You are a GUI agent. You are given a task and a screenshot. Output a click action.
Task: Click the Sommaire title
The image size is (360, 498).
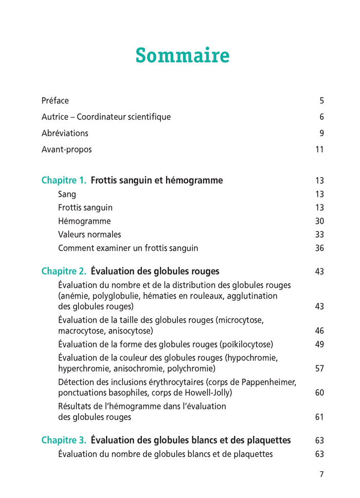pyautogui.click(x=182, y=56)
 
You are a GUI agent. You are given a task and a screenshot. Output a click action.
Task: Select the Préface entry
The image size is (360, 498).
pyautogui.click(x=55, y=101)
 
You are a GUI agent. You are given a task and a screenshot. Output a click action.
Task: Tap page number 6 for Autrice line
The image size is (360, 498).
pyautogui.click(x=321, y=117)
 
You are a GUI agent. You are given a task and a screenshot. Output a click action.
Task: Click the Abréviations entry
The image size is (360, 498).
pyautogui.click(x=65, y=134)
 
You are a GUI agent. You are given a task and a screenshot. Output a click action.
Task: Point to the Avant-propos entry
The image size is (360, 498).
pyautogui.click(x=67, y=150)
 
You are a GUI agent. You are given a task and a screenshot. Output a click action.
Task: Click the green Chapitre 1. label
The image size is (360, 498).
pyautogui.click(x=64, y=181)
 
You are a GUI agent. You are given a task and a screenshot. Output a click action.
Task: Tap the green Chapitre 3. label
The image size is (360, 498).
pyautogui.click(x=64, y=440)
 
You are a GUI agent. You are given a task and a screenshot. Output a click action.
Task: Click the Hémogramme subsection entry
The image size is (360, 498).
pyautogui.click(x=84, y=222)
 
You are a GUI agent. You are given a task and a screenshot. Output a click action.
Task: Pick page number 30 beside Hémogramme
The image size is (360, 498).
pyautogui.click(x=319, y=222)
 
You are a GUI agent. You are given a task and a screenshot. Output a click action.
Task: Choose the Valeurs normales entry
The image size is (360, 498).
pyautogui.click(x=89, y=235)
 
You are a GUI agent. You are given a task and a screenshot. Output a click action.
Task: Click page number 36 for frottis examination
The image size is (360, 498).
pyautogui.click(x=319, y=248)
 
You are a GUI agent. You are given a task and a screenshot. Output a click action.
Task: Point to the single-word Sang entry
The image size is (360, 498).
pyautogui.click(x=67, y=195)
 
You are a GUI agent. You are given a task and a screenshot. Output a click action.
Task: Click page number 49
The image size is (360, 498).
pyautogui.click(x=319, y=344)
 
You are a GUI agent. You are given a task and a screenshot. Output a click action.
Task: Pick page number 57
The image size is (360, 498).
pyautogui.click(x=319, y=369)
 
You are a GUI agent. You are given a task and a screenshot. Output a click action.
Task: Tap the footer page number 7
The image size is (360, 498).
pyautogui.click(x=321, y=474)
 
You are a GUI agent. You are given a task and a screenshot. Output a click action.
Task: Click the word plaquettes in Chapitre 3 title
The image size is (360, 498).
pyautogui.click(x=268, y=440)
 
